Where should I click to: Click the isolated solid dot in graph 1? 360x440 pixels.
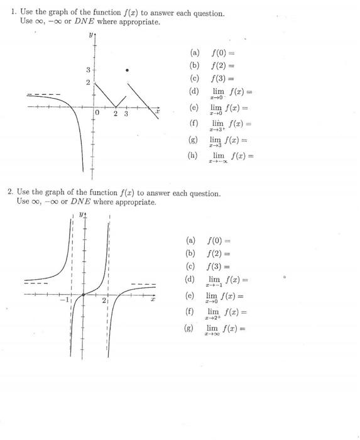point(128,70)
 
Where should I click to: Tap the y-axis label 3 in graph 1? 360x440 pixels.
point(87,70)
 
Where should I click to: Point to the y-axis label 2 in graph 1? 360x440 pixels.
point(87,83)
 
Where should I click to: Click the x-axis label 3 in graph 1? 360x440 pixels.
point(126,114)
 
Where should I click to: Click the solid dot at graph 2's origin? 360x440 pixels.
point(84,294)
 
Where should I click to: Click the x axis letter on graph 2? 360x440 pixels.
point(152,300)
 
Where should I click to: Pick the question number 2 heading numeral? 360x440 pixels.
point(10,192)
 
